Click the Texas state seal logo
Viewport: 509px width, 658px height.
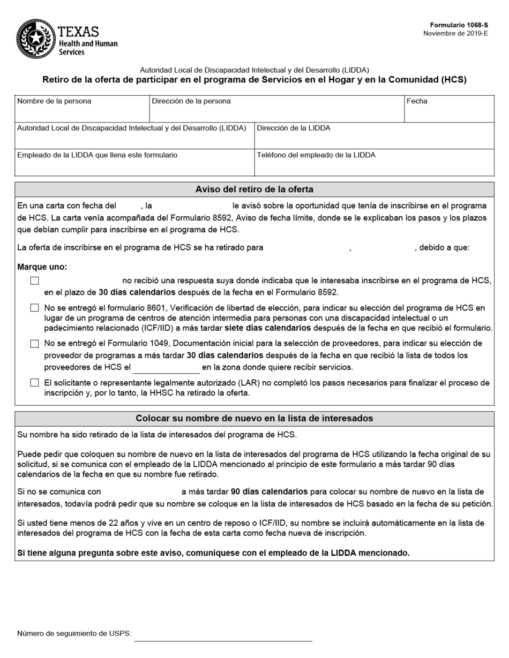pyautogui.click(x=35, y=39)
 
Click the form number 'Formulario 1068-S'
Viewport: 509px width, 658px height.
pyautogui.click(x=459, y=25)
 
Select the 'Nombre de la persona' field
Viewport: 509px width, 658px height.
pyautogui.click(x=81, y=113)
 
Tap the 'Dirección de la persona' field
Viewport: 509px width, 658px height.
pyautogui.click(x=276, y=113)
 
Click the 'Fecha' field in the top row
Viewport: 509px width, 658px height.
pyautogui.click(x=448, y=113)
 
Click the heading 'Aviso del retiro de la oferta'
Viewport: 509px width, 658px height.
pyautogui.click(x=254, y=190)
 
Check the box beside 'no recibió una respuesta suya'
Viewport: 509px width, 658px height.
pyautogui.click(x=35, y=281)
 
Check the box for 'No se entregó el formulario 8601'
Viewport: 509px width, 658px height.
pyautogui.click(x=35, y=308)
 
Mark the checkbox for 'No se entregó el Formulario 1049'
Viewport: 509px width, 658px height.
pyautogui.click(x=35, y=344)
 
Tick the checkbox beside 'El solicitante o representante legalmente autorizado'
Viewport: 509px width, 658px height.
pyautogui.click(x=35, y=383)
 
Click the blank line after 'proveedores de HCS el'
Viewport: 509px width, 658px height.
pyautogui.click(x=166, y=368)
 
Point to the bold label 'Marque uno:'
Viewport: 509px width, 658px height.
pyautogui.click(x=42, y=267)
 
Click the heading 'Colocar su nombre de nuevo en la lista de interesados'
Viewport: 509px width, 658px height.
pyautogui.click(x=254, y=419)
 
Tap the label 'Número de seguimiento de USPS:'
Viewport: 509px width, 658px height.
pyautogui.click(x=74, y=634)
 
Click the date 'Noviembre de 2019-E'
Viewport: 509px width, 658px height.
pyautogui.click(x=455, y=33)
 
